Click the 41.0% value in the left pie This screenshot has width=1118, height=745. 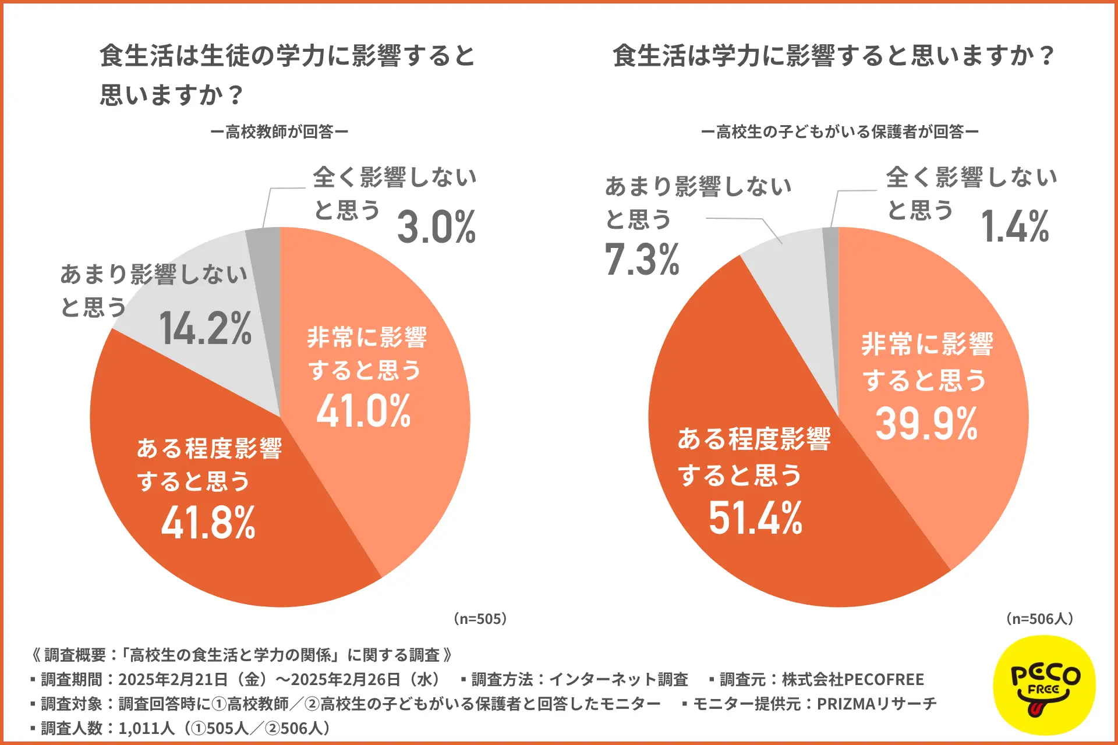pyautogui.click(x=364, y=411)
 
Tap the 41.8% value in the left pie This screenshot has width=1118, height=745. pyautogui.click(x=208, y=522)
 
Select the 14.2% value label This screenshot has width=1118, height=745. pyautogui.click(x=205, y=328)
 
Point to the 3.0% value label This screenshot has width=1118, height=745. pyautogui.click(x=437, y=227)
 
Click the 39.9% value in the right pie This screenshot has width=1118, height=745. pyautogui.click(x=926, y=424)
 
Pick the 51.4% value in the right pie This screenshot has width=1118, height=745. pyautogui.click(x=756, y=517)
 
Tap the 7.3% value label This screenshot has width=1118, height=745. pyautogui.click(x=642, y=260)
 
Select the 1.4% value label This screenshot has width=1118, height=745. pyautogui.click(x=1016, y=226)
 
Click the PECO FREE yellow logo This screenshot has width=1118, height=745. pyautogui.click(x=1045, y=684)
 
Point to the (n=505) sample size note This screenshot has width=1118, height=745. pyautogui.click(x=480, y=619)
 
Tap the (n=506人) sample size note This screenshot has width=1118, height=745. pyautogui.click(x=1039, y=619)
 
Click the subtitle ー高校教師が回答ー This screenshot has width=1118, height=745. pyautogui.click(x=279, y=132)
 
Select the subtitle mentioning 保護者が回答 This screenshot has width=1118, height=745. pyautogui.click(x=840, y=132)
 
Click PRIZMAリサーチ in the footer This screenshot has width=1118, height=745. pyautogui.click(x=876, y=704)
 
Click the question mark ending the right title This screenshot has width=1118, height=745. pyautogui.click(x=1046, y=56)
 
